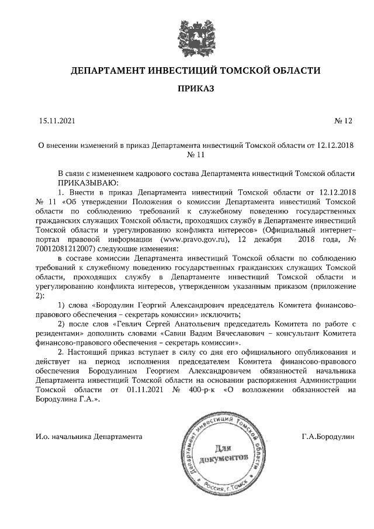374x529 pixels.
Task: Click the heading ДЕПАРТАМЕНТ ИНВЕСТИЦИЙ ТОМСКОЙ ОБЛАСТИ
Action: tap(195, 71)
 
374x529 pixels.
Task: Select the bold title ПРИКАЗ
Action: tap(195, 89)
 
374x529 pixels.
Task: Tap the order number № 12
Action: tap(344, 121)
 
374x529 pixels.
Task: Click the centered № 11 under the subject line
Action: tap(195, 155)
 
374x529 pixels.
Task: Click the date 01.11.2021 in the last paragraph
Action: tap(147, 389)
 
